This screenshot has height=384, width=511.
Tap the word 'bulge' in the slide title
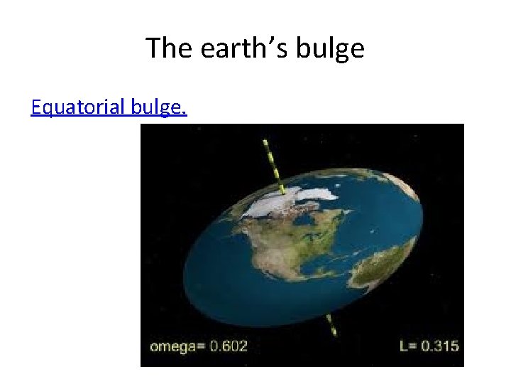tap(329, 48)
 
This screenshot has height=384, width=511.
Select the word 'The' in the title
tap(168, 48)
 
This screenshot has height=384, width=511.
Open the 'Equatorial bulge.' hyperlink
tap(109, 107)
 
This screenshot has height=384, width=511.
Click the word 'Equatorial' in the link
tap(79, 107)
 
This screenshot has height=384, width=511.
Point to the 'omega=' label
tap(177, 346)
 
